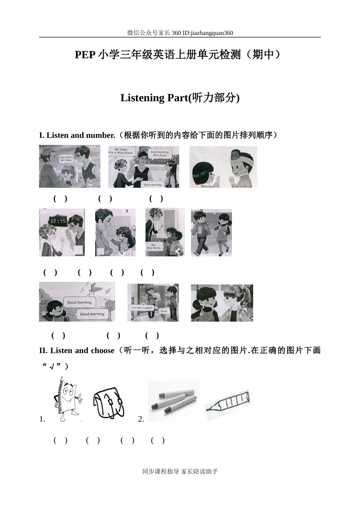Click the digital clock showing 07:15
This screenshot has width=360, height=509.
point(58,220)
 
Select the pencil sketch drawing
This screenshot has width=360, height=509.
point(228,404)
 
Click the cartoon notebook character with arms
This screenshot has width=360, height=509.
point(66,399)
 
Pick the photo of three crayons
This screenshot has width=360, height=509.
point(174,401)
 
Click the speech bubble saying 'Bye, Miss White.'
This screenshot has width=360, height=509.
point(154,247)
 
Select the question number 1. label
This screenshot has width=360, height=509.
point(42,419)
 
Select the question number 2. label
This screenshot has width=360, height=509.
point(141,419)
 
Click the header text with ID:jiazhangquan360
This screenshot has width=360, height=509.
point(180,33)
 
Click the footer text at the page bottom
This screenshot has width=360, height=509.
point(180,471)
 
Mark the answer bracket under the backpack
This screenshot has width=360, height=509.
point(93,440)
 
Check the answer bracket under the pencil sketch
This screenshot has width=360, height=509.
point(158,440)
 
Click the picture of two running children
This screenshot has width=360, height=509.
point(211,233)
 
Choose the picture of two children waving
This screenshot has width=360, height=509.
point(223,167)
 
